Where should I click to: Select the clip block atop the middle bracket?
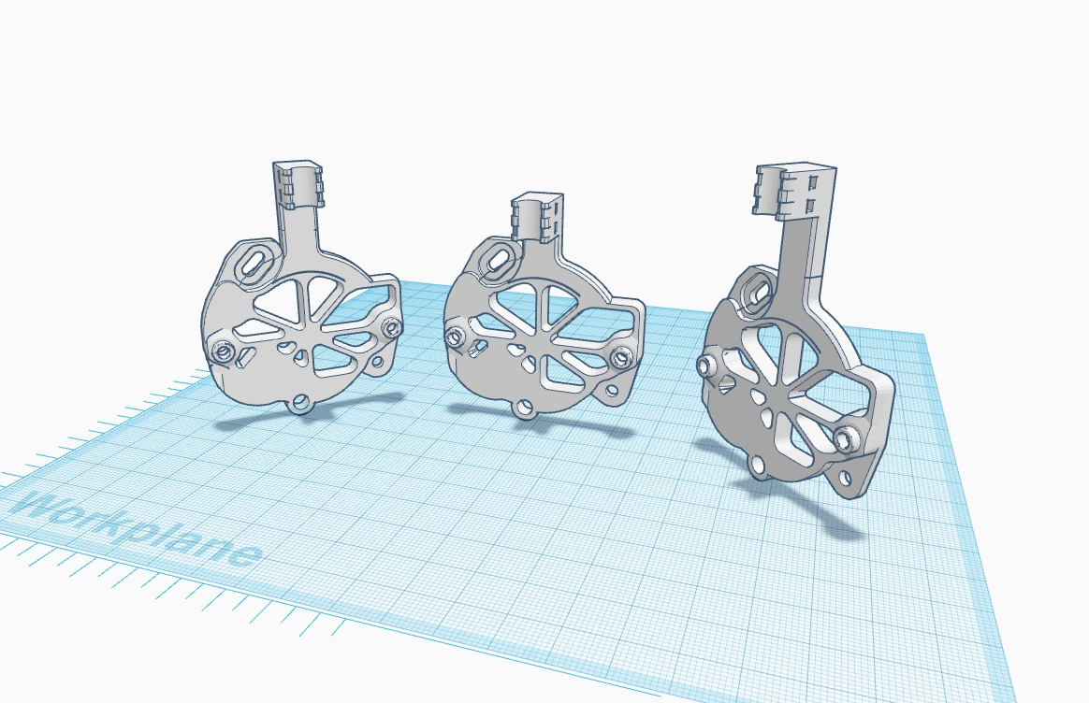538,217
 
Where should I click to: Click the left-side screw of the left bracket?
223,352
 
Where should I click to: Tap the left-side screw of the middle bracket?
455,338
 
